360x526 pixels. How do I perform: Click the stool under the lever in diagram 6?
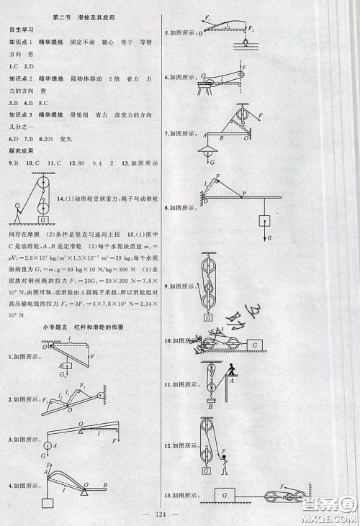(210, 89)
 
